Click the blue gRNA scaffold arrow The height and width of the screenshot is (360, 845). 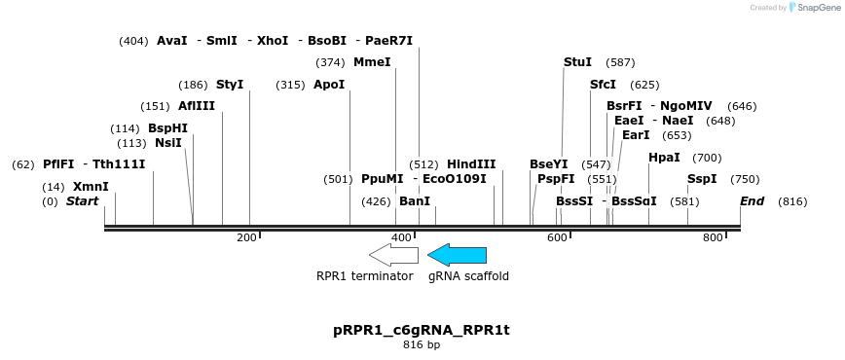tap(458, 255)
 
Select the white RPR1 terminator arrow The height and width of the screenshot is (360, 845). tap(393, 255)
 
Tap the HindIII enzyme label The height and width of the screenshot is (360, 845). tap(471, 164)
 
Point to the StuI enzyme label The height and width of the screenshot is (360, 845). tap(577, 62)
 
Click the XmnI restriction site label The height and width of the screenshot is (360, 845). tap(91, 187)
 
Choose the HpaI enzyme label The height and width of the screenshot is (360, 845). tap(664, 158)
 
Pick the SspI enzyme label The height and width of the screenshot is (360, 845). tap(702, 179)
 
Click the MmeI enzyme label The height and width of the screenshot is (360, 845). tap(372, 62)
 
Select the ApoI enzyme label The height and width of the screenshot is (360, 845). tap(329, 85)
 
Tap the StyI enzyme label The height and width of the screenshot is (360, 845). tap(230, 85)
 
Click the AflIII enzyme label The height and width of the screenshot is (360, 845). tap(197, 106)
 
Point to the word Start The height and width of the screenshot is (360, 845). tap(83, 201)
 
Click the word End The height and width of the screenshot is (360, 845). tap(752, 201)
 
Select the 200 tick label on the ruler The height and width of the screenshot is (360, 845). tap(246, 238)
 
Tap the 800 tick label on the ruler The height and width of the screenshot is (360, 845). tap(714, 238)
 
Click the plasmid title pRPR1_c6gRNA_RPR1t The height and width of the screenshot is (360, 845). tap(422, 330)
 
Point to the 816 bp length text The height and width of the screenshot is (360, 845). tap(422, 345)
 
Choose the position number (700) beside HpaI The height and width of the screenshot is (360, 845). tap(707, 158)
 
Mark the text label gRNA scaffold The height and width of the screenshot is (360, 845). tap(468, 276)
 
